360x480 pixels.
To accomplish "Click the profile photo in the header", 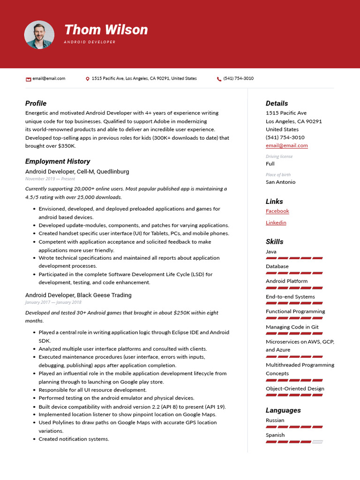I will pos(39,35).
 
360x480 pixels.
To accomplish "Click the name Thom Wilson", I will pos(106,30).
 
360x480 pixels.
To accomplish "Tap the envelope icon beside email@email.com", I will pos(28,79).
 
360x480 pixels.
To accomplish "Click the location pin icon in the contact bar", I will pos(88,79).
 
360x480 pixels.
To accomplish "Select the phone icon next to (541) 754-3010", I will pos(219,79).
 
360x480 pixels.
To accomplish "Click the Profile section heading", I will pos(36,103).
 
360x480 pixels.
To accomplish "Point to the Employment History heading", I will pos(57,161).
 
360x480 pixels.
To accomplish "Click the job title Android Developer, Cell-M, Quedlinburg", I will pos(77,172).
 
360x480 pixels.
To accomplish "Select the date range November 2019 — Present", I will pos(50,179).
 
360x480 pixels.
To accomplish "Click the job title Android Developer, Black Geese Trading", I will pos(78,295).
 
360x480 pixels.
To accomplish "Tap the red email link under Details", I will pos(286,145).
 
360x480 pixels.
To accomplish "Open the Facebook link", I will pos(277,211).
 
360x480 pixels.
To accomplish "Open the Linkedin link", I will pos(276,223).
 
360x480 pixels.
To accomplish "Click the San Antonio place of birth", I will pos(280,182).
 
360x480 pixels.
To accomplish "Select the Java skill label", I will pos(271,252).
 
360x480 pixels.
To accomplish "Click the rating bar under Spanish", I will pos(294,442).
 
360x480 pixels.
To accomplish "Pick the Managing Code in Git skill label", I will pos(292,327).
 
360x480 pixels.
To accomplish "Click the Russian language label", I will pos(275,420).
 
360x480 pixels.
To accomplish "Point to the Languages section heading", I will pos(283,410).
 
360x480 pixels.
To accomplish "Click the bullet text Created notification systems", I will pos(74,439).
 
